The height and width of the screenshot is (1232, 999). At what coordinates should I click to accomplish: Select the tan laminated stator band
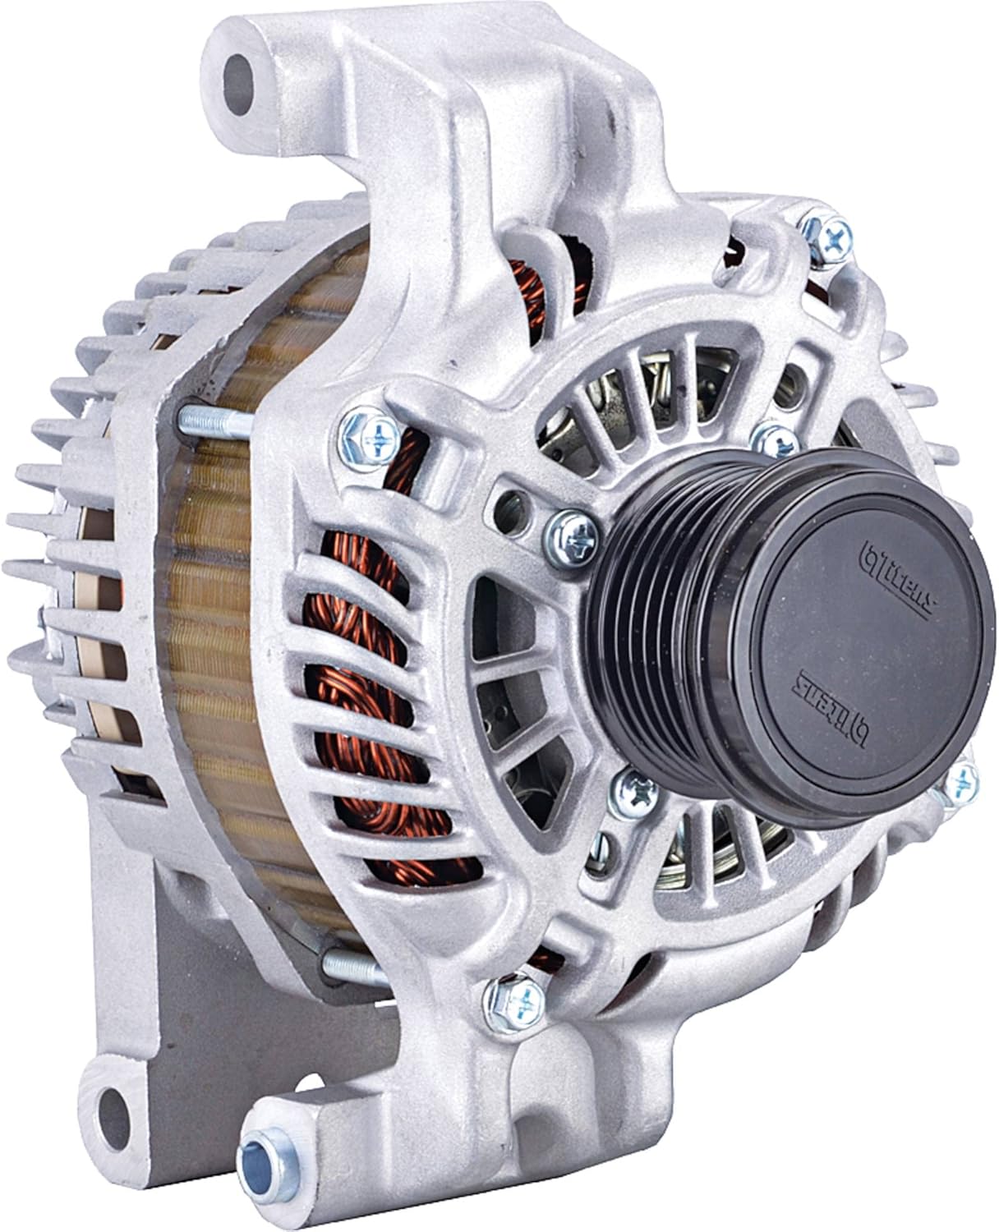(238, 657)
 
